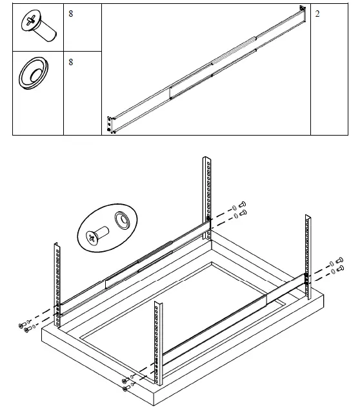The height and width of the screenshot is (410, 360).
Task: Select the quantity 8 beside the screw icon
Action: (x=70, y=14)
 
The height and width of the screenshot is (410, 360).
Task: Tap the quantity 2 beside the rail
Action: (x=317, y=14)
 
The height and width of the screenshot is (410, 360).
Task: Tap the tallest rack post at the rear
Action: (x=208, y=194)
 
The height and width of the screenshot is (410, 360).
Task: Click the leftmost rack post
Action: (x=57, y=278)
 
